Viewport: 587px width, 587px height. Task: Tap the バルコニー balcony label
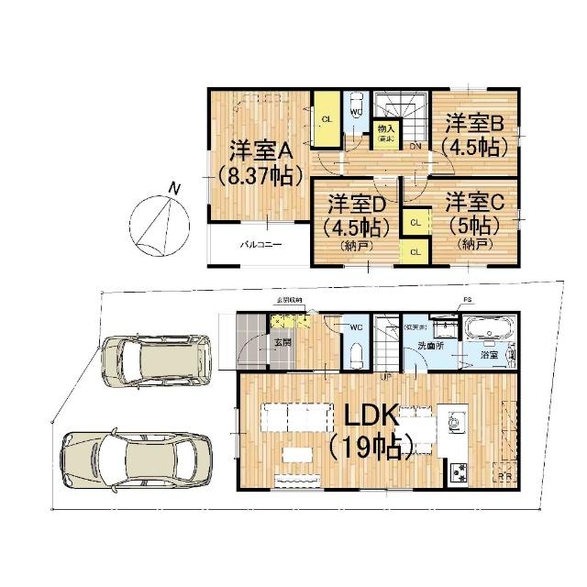pos(261,246)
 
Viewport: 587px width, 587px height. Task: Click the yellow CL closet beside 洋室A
pos(326,118)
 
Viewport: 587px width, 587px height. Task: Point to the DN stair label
pos(415,147)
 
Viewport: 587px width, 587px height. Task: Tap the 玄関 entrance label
pos(282,343)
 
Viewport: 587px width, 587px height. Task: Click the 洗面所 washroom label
pos(430,347)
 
